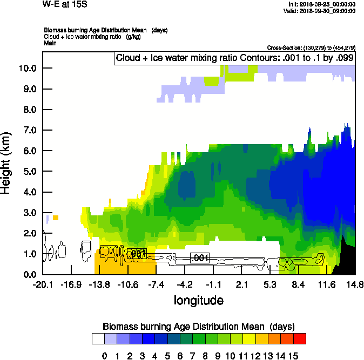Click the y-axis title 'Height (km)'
point(6,162)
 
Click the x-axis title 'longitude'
point(198,300)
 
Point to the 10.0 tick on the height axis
point(26,69)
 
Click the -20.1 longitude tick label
point(43,284)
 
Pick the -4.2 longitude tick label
point(185,284)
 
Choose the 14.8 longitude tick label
point(355,284)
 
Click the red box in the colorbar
point(300,338)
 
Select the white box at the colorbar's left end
point(98,338)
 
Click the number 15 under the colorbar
point(293,356)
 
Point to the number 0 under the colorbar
point(104,356)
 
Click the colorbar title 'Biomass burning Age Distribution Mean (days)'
point(198,327)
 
